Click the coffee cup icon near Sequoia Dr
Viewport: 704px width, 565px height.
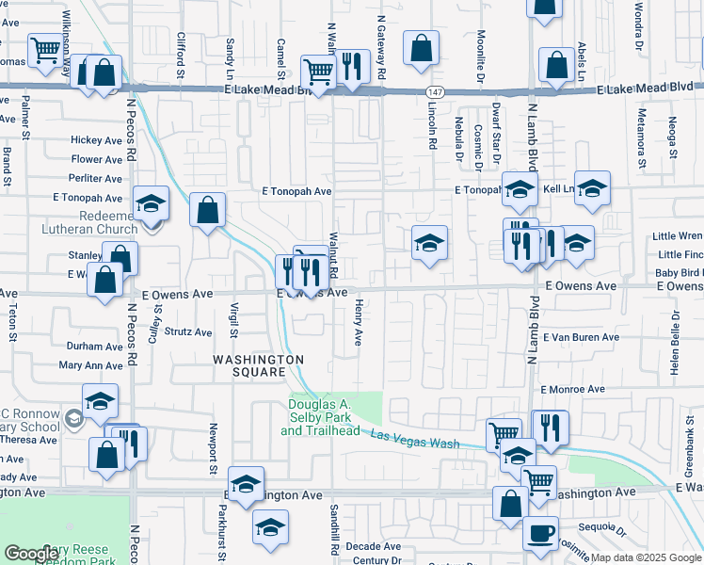click(540, 533)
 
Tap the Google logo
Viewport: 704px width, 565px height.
click(31, 554)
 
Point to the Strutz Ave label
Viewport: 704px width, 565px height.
click(189, 331)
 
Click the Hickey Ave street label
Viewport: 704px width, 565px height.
click(97, 140)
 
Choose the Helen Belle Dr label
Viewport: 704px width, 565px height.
click(674, 347)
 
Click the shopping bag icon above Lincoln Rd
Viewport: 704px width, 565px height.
click(421, 47)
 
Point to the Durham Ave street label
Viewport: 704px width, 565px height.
click(95, 347)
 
